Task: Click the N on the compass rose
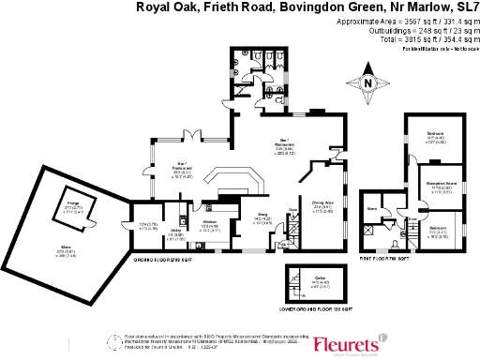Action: point(367,84)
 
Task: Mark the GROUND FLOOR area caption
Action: point(154,257)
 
